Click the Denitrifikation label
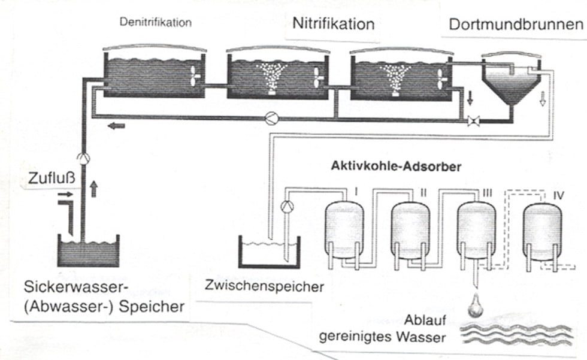pyautogui.click(x=155, y=23)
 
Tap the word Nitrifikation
pyautogui.click(x=333, y=25)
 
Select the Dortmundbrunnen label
pyautogui.click(x=516, y=25)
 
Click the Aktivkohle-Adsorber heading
pyautogui.click(x=396, y=167)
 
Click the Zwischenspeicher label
pyautogui.click(x=264, y=286)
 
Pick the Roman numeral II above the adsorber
pyautogui.click(x=423, y=193)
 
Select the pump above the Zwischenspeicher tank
pyautogui.click(x=286, y=207)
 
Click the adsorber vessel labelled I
pyautogui.click(x=343, y=229)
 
